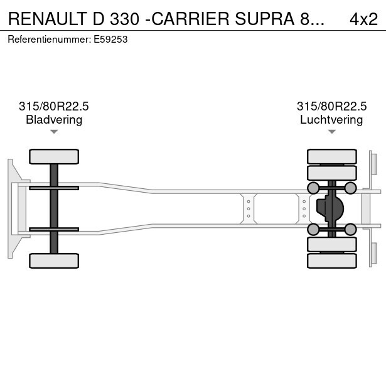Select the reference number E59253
click(x=111, y=39)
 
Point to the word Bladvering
click(x=54, y=119)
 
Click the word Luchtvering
click(x=331, y=119)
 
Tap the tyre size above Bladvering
click(x=54, y=107)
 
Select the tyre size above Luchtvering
click(x=331, y=107)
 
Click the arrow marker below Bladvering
click(x=54, y=131)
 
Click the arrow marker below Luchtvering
click(x=331, y=131)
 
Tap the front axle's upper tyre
click(x=54, y=156)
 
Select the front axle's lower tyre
click(x=54, y=260)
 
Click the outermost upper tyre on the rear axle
click(x=331, y=156)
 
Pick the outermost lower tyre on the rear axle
click(x=331, y=260)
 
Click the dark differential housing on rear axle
click(x=330, y=208)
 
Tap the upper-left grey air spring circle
click(x=313, y=188)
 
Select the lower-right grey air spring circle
click(x=351, y=230)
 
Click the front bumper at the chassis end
click(x=10, y=208)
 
